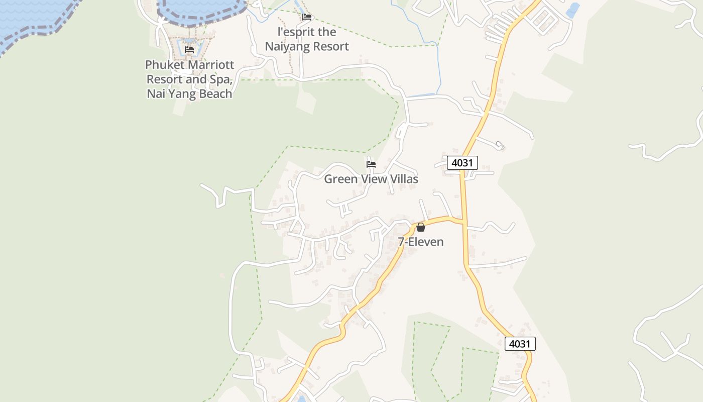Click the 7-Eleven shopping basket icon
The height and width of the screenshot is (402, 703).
coord(421,227)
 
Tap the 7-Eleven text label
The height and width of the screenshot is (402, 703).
coord(421,242)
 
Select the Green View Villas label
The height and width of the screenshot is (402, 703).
coord(371,179)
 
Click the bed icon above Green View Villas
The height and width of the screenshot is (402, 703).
coord(371,164)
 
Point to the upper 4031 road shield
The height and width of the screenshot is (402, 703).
coord(462,163)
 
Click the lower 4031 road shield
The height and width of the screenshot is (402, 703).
coord(520,344)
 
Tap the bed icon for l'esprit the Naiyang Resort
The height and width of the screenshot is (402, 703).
coord(307,17)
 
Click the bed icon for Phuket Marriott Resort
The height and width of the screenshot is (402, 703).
coord(189,50)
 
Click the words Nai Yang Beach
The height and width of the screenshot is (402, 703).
coord(190,93)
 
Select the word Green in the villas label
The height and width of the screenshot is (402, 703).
coord(339,179)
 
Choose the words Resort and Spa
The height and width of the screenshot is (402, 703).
coord(189,79)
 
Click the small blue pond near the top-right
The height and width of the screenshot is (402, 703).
coord(572,9)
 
